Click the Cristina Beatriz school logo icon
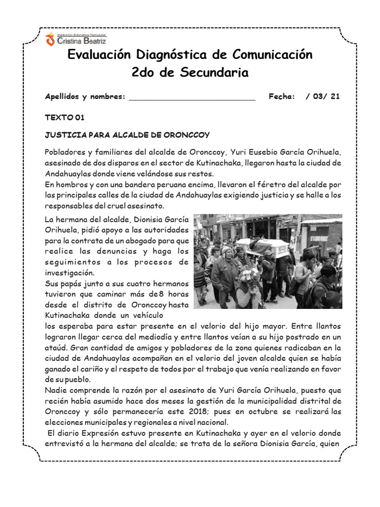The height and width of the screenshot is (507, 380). coord(50,40)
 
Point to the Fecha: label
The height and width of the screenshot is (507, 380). coord(282,97)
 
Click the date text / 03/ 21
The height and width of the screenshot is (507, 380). coord(323,97)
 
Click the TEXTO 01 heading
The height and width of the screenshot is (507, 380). coord(65,117)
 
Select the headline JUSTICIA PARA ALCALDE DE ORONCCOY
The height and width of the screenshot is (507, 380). coord(127,135)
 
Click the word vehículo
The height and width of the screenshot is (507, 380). coord(145,315)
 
